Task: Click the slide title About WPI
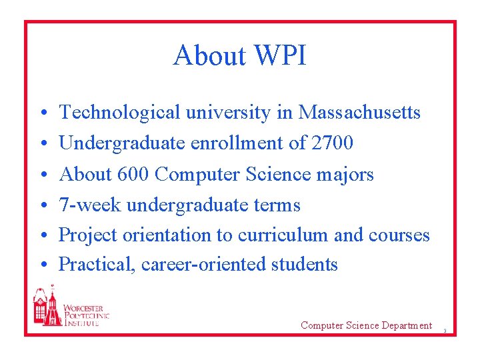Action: [239, 55]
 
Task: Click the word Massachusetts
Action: [359, 113]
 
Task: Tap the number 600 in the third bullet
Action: [133, 174]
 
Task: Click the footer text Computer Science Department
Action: [366, 325]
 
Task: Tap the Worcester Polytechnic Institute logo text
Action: [85, 315]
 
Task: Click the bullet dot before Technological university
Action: [41, 114]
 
